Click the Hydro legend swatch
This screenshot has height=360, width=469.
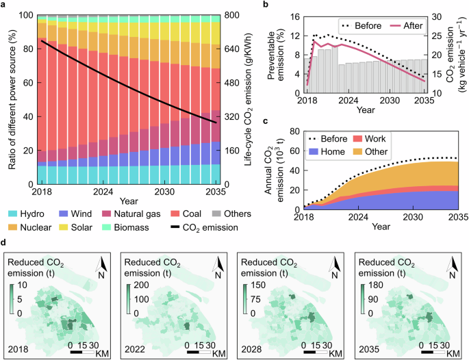click(14, 214)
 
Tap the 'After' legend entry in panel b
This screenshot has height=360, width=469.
click(412, 25)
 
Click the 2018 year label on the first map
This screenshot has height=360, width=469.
click(15, 348)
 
